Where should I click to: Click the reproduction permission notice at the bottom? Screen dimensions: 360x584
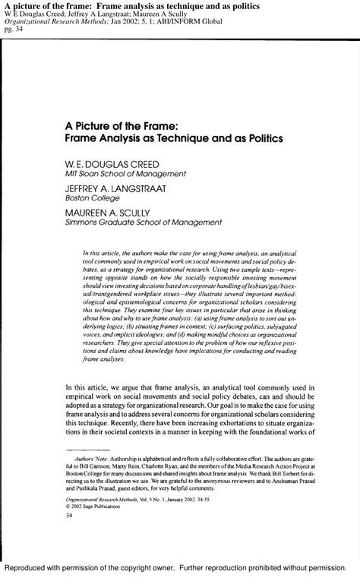point(180,568)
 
